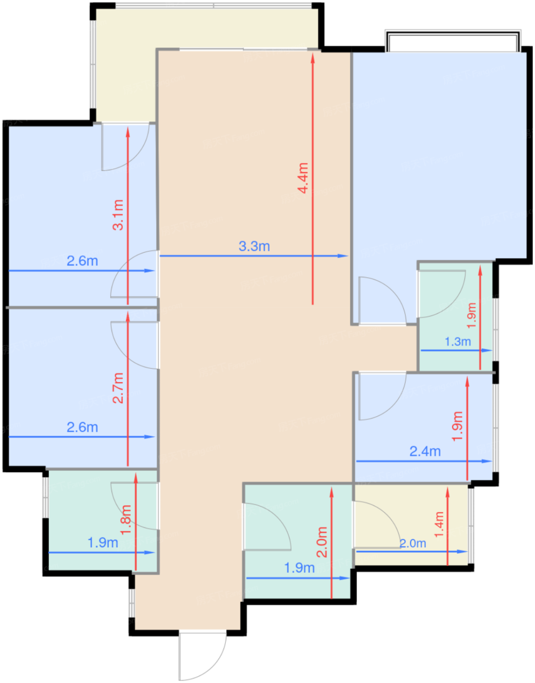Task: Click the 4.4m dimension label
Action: pos(304,178)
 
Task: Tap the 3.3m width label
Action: pos(254,246)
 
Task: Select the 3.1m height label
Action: pos(119,215)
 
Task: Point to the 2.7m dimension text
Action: pos(119,388)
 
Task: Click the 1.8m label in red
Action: pos(126,520)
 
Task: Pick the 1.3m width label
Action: pos(458,341)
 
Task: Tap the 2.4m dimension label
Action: pos(425,452)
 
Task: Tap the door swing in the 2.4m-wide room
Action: pos(383,397)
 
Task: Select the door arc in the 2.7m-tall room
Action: pos(134,345)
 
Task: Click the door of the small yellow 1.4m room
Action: pos(377,524)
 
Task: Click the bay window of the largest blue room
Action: pos(453,40)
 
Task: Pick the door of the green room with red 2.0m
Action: pos(267,527)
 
